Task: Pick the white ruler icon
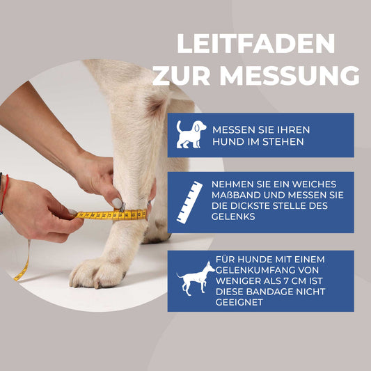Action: pos(189,202)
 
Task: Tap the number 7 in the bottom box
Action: pos(295,281)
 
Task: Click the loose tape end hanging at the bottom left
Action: pos(22,268)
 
